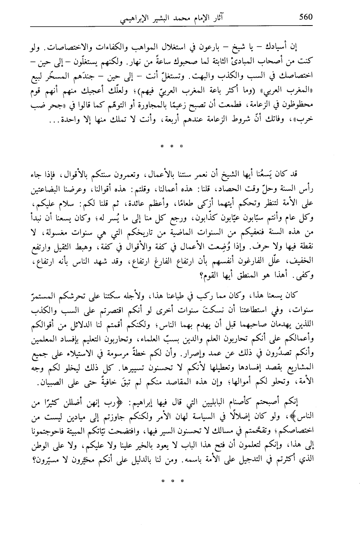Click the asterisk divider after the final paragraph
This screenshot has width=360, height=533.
(x=172, y=480)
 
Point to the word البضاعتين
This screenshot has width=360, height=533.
(x=48, y=187)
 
